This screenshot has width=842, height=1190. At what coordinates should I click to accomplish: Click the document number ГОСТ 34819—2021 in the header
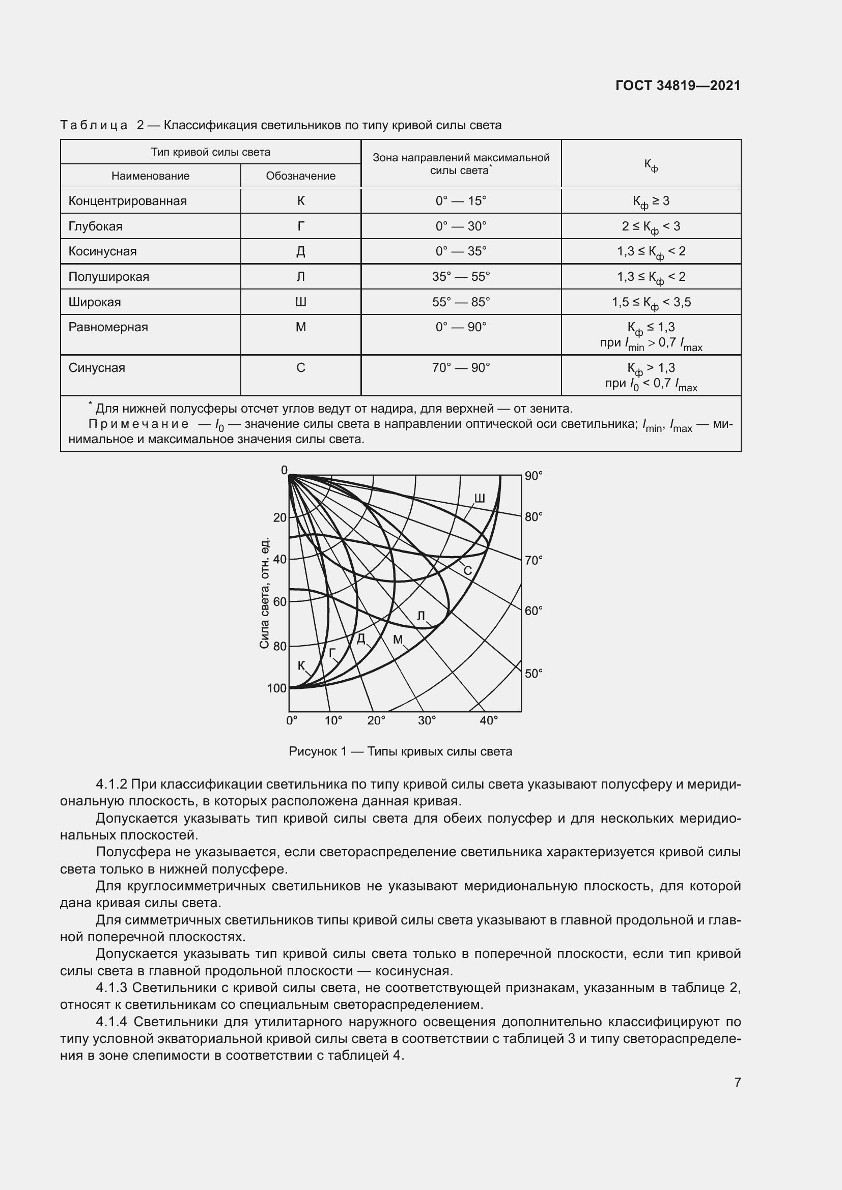(678, 85)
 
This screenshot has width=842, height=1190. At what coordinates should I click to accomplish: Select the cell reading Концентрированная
(128, 201)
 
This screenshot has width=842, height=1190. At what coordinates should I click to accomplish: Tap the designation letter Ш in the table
(301, 302)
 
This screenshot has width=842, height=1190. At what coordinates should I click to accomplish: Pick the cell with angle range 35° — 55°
(461, 277)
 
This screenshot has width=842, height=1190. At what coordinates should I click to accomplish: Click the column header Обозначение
(301, 176)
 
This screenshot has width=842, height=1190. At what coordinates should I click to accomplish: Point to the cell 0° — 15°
(461, 201)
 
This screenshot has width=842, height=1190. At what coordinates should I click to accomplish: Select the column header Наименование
(150, 176)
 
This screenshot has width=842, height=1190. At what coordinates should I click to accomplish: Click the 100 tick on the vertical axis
(277, 688)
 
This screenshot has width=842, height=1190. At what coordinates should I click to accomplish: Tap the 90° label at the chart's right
(534, 476)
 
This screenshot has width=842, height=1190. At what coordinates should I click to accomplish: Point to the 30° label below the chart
(427, 720)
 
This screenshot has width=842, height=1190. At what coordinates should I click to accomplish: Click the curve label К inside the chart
(301, 665)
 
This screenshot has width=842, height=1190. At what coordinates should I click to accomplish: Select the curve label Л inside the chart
(421, 616)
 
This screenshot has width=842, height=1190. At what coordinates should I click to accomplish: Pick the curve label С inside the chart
(467, 571)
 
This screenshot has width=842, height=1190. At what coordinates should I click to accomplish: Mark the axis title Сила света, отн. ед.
(265, 592)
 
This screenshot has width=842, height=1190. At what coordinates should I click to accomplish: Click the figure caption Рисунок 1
(400, 751)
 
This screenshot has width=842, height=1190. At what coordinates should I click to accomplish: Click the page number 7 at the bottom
(737, 1082)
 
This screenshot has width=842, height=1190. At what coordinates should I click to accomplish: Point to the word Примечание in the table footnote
(138, 424)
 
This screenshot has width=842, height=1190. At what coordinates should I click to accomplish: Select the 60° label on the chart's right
(534, 611)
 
